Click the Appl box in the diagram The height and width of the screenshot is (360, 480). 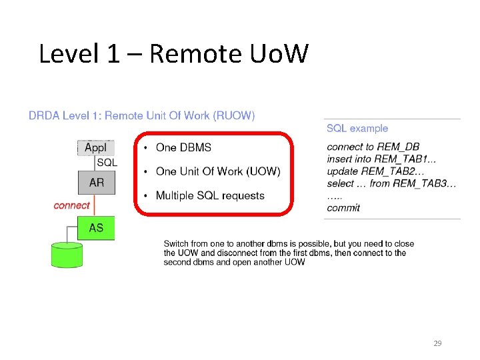[x=96, y=148]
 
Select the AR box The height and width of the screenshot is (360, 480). [x=97, y=182]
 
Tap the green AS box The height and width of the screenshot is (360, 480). [x=96, y=228]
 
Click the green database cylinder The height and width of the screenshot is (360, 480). [x=67, y=255]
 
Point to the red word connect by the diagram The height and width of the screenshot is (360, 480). [x=71, y=205]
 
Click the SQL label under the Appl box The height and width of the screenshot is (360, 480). [x=107, y=162]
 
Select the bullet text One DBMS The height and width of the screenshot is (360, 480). [x=183, y=147]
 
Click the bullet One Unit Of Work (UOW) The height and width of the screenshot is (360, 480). [x=218, y=171]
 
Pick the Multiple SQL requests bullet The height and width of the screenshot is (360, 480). [x=210, y=195]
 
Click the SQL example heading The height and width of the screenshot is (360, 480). [x=357, y=128]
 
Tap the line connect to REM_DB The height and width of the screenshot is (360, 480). [x=373, y=147]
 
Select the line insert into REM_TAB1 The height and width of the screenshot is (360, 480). [x=381, y=159]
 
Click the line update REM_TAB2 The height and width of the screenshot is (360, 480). [x=381, y=171]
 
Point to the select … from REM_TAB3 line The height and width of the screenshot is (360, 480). [x=391, y=183]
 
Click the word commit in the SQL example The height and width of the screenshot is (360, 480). [x=343, y=207]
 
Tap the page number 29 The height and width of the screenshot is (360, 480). [x=437, y=343]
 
